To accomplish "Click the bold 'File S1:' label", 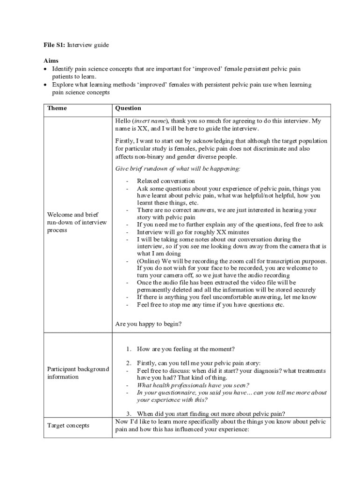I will [x=55, y=45].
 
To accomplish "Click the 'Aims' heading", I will [x=51, y=61].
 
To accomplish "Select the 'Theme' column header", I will [x=57, y=109].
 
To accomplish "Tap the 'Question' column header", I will [x=128, y=109].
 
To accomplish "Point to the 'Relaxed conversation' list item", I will [x=166, y=181].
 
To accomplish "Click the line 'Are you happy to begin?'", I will [x=148, y=323].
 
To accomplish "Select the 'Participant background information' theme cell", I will [x=78, y=373].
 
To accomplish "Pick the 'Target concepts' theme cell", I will [x=68, y=425].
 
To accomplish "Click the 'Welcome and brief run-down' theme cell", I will [x=77, y=222].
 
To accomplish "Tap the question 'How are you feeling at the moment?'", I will [x=186, y=349].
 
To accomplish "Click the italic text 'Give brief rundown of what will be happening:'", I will [x=178, y=168].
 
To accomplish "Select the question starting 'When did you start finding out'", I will [x=211, y=414].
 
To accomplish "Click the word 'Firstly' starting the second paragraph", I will [x=125, y=141].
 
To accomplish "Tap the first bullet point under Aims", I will [x=46, y=69].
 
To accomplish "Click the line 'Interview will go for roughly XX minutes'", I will [x=193, y=232].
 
